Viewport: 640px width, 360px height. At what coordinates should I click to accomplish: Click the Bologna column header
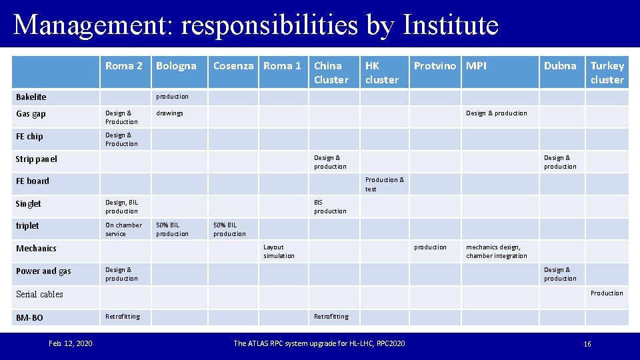(176, 65)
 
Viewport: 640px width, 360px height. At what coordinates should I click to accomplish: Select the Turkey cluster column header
(607, 72)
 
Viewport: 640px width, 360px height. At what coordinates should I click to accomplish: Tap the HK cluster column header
(381, 72)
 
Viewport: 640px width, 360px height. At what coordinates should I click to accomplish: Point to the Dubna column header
(560, 65)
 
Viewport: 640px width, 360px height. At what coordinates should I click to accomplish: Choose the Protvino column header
(435, 65)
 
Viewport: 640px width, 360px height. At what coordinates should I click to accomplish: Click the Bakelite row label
(31, 97)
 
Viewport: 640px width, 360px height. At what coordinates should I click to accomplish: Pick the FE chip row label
(29, 137)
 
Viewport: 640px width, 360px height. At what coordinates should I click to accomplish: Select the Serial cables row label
(39, 294)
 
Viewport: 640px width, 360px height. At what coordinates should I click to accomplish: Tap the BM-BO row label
(29, 318)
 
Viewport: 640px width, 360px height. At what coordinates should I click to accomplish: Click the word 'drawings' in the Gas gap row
(169, 113)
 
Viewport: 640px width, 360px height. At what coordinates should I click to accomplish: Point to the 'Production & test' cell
(384, 184)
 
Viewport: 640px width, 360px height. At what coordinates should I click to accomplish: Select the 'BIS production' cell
(330, 207)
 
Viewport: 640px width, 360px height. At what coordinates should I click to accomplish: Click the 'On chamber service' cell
(123, 229)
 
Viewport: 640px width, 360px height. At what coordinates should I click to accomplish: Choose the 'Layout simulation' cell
(279, 251)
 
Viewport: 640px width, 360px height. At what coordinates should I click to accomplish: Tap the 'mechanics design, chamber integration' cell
(496, 251)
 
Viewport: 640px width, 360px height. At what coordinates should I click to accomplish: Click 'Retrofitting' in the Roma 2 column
(123, 317)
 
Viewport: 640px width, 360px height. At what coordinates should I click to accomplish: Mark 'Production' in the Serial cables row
(607, 293)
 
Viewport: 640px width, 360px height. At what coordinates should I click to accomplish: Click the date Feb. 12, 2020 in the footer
(71, 343)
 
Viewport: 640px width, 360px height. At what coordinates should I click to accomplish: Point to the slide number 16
(587, 344)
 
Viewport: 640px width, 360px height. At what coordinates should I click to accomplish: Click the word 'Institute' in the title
(451, 25)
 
